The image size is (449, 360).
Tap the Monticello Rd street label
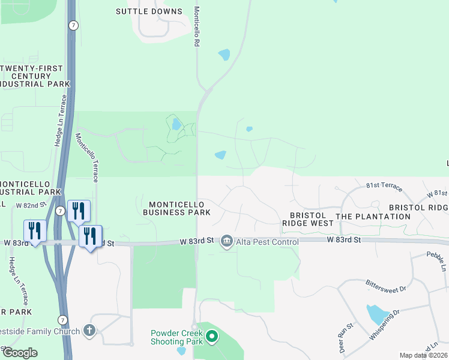pyautogui.click(x=196, y=28)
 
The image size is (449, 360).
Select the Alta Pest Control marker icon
pyautogui.click(x=227, y=242)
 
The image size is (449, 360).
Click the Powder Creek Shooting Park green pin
pyautogui.click(x=211, y=338)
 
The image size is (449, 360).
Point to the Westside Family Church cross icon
pyautogui.click(x=89, y=331)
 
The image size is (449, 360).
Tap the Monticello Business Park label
pyautogui.click(x=176, y=208)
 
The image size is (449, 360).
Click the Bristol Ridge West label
pyautogui.click(x=308, y=219)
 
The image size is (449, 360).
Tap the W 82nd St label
pyautogui.click(x=31, y=205)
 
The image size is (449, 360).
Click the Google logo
pyautogui.click(x=20, y=353)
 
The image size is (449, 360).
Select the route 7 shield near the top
pyautogui.click(x=73, y=25)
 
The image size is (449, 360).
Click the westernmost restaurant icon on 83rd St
pyautogui.click(x=35, y=230)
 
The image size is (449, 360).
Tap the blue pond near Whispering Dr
pyautogui.click(x=377, y=314)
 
